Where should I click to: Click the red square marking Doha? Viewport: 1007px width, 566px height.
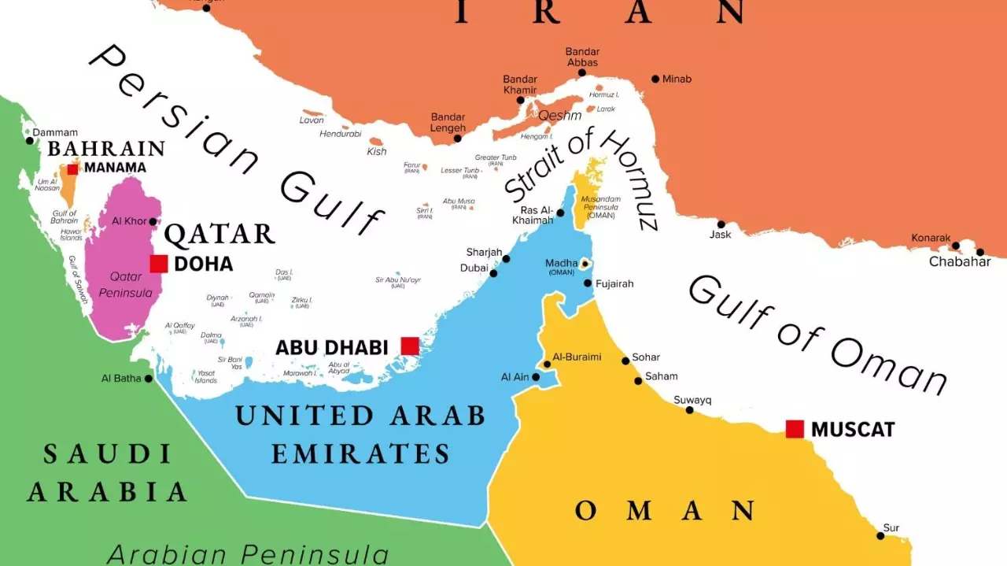[x=159, y=264]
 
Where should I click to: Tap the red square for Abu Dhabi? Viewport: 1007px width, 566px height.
[x=410, y=346]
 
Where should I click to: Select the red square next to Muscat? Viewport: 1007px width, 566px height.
[x=795, y=429]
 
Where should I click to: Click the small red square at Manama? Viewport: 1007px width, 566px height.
[x=72, y=168]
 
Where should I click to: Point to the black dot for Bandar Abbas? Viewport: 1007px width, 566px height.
[x=582, y=72]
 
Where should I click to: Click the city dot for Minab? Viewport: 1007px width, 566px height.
[x=655, y=79]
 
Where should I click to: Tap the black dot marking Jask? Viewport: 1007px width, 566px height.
[x=721, y=224]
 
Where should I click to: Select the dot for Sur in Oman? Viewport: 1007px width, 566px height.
[x=880, y=536]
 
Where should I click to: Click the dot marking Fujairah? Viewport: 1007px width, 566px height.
[x=588, y=283]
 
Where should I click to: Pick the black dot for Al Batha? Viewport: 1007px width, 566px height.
[x=148, y=379]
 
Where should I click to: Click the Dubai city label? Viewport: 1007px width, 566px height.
[x=474, y=268]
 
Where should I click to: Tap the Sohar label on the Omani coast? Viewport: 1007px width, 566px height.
[x=646, y=357]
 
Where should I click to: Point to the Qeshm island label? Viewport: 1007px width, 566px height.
[x=559, y=115]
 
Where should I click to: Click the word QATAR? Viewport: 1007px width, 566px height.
[x=219, y=234]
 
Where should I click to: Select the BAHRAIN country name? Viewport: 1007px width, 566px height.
[x=106, y=149]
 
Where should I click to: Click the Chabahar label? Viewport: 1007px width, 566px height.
[x=960, y=261]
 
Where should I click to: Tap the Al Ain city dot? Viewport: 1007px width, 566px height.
[x=536, y=377]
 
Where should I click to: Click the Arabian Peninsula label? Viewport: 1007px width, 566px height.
[x=248, y=553]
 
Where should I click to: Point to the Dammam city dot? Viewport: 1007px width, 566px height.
[x=30, y=141]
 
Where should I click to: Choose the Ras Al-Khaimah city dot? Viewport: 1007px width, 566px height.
[x=561, y=213]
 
